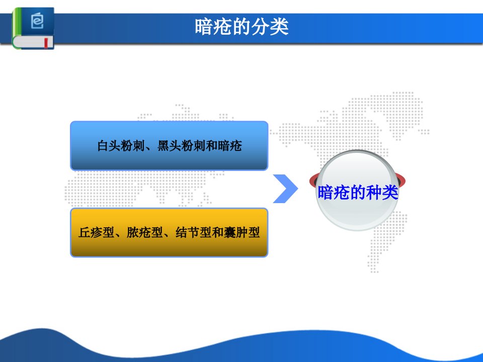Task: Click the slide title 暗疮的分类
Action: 242,27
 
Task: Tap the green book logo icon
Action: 33,28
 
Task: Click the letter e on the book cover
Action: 37,21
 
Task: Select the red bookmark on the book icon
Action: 46,43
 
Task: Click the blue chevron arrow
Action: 286,189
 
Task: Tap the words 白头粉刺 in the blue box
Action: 121,146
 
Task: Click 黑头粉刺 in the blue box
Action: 181,146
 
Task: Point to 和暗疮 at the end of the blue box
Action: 223,146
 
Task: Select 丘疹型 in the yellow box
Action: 97,232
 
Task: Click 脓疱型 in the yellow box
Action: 145,232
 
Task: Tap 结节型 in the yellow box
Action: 193,232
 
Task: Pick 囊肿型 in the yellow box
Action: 242,232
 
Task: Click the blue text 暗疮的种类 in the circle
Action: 358,193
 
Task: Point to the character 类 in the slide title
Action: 279,27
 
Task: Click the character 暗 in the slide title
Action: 204,27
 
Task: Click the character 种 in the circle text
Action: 374,193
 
